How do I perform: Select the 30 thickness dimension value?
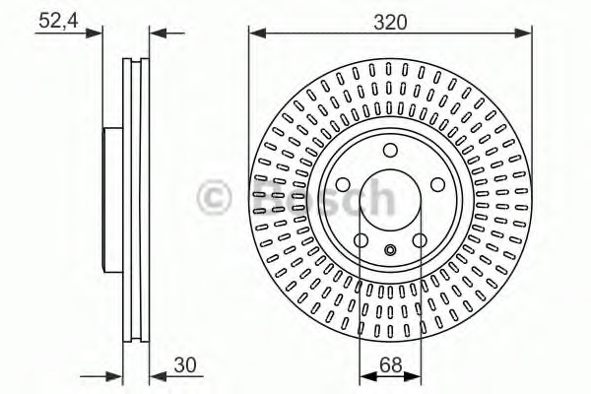pyautogui.click(x=184, y=364)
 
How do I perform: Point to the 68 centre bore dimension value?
pyautogui.click(x=391, y=364)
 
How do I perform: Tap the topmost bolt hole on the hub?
pyautogui.click(x=390, y=151)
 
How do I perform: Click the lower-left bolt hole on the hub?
pyautogui.click(x=362, y=239)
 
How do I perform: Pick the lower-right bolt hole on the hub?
pyautogui.click(x=419, y=239)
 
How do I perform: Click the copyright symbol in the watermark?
pyautogui.click(x=214, y=196)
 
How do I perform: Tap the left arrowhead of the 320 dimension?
pyautogui.click(x=254, y=33)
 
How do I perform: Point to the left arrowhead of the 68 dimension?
pyautogui.click(x=364, y=375)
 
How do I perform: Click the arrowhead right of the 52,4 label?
pyautogui.click(x=97, y=33)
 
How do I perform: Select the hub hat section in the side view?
pyautogui.click(x=111, y=197)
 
